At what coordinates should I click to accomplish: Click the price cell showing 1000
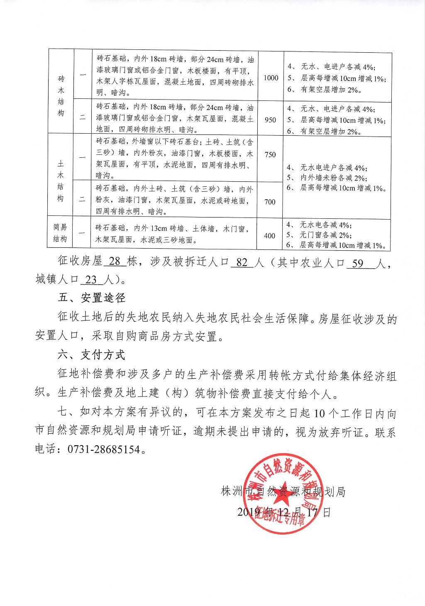tap(271, 78)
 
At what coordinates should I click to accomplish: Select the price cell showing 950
tap(270, 120)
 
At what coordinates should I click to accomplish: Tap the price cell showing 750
tap(270, 154)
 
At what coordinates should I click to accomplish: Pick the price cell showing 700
tap(270, 202)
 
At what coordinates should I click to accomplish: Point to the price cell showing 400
tap(269, 236)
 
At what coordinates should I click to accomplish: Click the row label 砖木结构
tap(61, 95)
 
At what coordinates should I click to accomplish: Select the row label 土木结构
tap(61, 181)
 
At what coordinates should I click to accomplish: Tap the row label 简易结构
tap(60, 233)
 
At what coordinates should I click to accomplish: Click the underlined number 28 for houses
tap(115, 261)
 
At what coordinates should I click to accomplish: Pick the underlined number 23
tap(91, 279)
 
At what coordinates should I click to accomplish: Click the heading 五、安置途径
tap(92, 298)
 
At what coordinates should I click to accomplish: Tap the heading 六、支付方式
tap(91, 354)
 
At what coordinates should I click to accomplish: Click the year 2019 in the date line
tap(248, 512)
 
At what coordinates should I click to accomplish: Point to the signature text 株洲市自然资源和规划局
tap(283, 492)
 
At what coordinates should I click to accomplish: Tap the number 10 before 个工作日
tap(319, 413)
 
